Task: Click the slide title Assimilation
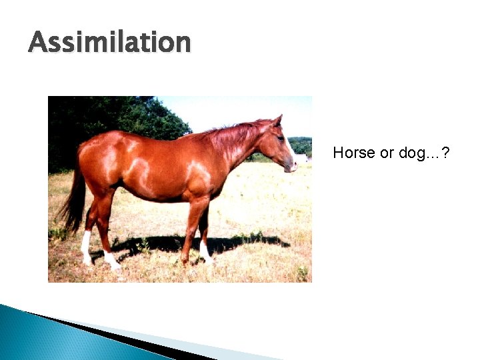(109, 42)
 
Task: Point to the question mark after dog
(445, 153)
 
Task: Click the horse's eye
(280, 138)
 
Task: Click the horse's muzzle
(291, 165)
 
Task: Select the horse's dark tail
(73, 200)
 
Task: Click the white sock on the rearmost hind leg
(86, 247)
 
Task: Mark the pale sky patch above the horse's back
(220, 110)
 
